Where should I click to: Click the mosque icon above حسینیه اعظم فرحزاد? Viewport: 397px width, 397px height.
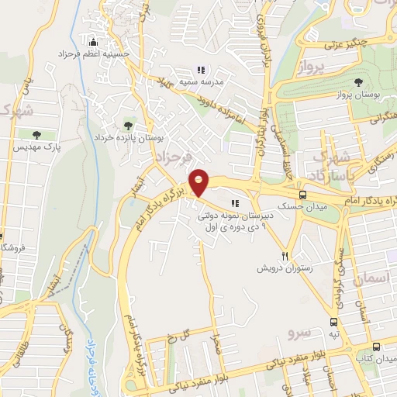click(x=94, y=41)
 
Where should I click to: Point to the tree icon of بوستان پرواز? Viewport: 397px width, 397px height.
click(x=358, y=82)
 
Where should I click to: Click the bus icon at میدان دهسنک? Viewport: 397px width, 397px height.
click(x=302, y=195)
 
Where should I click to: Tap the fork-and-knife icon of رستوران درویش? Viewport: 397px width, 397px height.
click(x=285, y=256)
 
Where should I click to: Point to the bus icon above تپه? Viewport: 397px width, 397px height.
click(x=333, y=322)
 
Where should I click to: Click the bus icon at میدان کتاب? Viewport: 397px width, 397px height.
click(x=376, y=347)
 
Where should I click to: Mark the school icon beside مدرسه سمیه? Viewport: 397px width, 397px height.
click(x=200, y=71)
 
